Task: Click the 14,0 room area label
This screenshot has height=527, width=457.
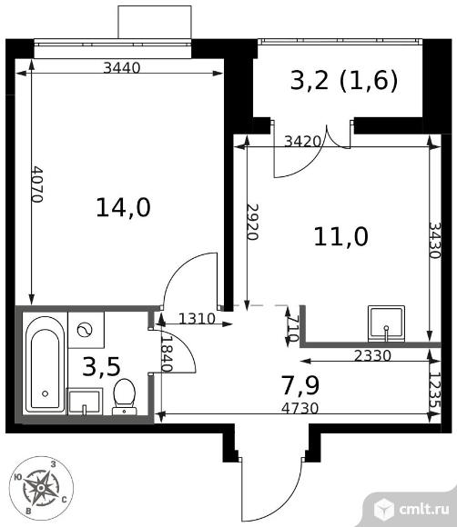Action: tap(123, 207)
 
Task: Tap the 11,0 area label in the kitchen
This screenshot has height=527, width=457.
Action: tap(340, 236)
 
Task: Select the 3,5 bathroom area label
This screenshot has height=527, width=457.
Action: tap(101, 367)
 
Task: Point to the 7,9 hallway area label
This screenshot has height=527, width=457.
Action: tap(300, 385)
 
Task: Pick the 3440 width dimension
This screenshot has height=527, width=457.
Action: tap(122, 68)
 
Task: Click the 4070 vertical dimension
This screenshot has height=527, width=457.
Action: tap(36, 184)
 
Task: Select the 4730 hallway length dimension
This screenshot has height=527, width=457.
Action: tap(300, 408)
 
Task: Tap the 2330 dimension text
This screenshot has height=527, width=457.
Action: tap(372, 355)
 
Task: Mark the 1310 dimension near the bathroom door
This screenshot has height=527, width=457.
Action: tap(197, 319)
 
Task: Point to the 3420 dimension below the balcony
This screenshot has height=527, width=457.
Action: tap(303, 142)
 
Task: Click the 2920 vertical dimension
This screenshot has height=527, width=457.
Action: tap(252, 222)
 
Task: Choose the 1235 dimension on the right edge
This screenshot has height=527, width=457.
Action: tap(435, 391)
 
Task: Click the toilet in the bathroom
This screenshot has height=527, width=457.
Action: tap(125, 397)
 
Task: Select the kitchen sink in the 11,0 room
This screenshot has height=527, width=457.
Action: tap(386, 323)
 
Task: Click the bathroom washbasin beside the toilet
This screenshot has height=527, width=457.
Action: tap(85, 402)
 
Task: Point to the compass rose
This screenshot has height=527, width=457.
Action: tap(41, 488)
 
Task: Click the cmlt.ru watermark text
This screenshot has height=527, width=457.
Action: tap(424, 510)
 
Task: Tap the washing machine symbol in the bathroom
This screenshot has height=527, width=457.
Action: tap(86, 330)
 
